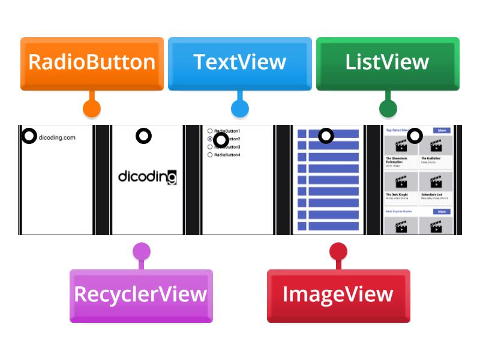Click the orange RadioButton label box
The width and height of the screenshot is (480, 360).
92,63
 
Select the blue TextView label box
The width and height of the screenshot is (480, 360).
239,63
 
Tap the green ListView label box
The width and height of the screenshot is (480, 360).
387,63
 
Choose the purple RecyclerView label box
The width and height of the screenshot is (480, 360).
141,295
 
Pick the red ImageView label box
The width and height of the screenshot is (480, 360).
338,295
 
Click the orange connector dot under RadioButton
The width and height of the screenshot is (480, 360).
91,109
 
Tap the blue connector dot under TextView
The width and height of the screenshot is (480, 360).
239,109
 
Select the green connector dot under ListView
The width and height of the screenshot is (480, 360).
388,109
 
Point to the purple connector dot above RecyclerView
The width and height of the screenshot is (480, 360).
141,251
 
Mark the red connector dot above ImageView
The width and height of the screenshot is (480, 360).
338,251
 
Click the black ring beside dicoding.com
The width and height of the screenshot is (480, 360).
29,136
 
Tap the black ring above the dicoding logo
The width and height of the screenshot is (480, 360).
143,136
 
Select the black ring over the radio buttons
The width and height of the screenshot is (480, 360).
221,140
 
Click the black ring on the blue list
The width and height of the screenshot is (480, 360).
326,136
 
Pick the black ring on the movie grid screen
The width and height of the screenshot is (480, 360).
415,136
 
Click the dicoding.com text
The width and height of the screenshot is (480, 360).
58,137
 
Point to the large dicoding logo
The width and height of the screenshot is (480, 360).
147,176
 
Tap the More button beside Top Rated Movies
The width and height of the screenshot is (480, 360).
442,130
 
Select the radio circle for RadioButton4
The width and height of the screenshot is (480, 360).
210,155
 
